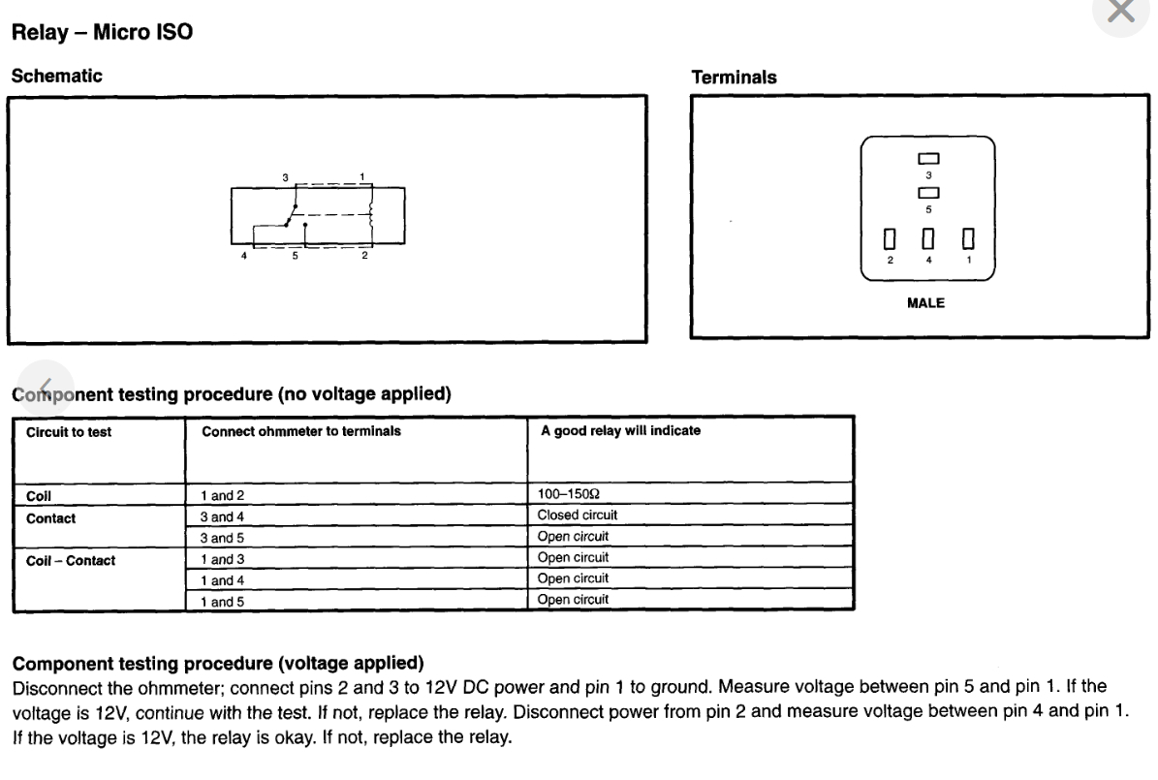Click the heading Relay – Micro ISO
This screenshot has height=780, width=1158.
[x=102, y=33]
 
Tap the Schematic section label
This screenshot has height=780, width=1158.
[x=56, y=76]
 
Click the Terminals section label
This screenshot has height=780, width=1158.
[x=734, y=78]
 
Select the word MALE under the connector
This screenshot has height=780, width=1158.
[x=925, y=303]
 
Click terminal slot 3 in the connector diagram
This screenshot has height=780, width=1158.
[x=928, y=159]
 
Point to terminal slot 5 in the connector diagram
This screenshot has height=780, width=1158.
[x=928, y=192]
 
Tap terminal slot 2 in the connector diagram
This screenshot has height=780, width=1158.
[x=890, y=238]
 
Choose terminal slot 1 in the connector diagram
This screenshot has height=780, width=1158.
[x=967, y=238]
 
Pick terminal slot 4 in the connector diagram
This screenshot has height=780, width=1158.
[x=928, y=238]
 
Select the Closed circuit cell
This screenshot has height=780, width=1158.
[x=578, y=515]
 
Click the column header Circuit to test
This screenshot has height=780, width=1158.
[x=69, y=432]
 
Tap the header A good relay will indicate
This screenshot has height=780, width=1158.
[x=620, y=431]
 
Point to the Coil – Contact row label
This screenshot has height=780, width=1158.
[x=71, y=560]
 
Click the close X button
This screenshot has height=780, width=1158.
[x=1121, y=11]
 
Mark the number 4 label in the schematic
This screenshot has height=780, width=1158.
[x=244, y=256]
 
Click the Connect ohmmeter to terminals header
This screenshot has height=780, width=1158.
[x=300, y=431]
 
